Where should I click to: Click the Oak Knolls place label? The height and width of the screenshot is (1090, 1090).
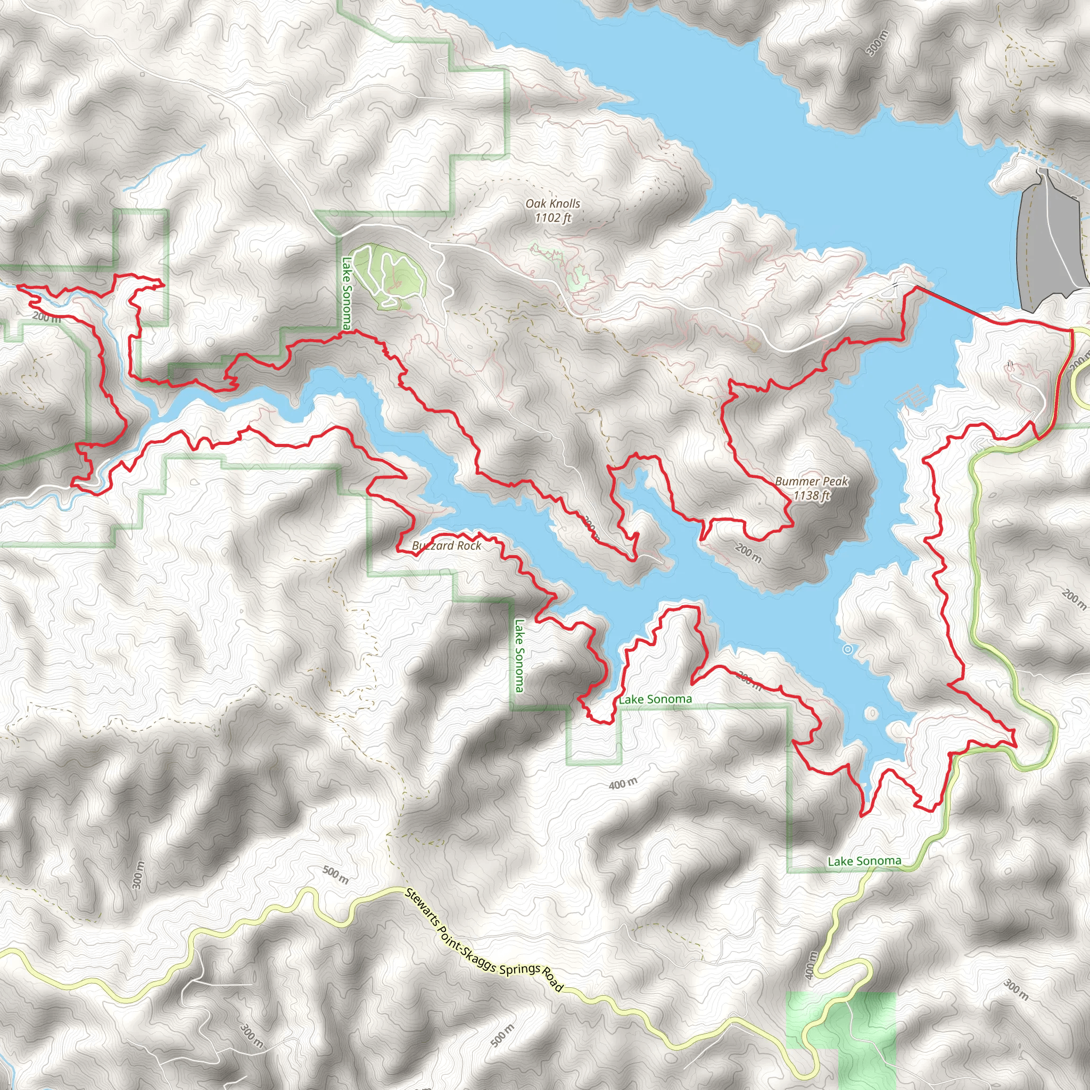pos(552,204)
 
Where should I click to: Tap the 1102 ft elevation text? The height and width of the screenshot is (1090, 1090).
pos(553,218)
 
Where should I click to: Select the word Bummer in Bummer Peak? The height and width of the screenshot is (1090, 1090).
pos(794,481)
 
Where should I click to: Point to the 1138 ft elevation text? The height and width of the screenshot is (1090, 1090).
pos(811,496)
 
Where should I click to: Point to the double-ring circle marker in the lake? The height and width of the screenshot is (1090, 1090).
pos(847,649)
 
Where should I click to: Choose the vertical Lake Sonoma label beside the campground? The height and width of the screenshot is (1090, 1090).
pos(346,293)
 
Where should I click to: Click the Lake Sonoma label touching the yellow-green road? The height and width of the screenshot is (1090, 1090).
pos(864,861)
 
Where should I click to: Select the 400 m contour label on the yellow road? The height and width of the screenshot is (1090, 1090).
pos(811,965)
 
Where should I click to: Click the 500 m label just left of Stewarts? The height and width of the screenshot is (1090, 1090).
pos(336,874)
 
